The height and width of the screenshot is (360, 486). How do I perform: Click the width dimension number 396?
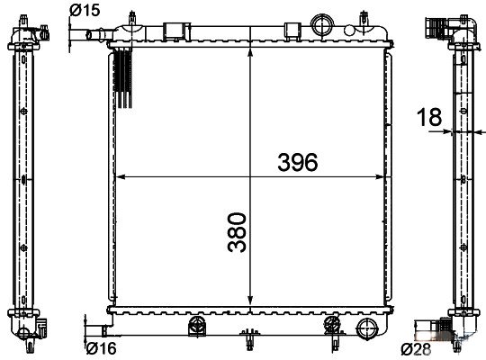coord(297,162)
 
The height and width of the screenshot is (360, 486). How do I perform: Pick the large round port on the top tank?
coord(321,24)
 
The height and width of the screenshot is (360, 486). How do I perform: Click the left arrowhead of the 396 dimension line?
coord(121,176)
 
